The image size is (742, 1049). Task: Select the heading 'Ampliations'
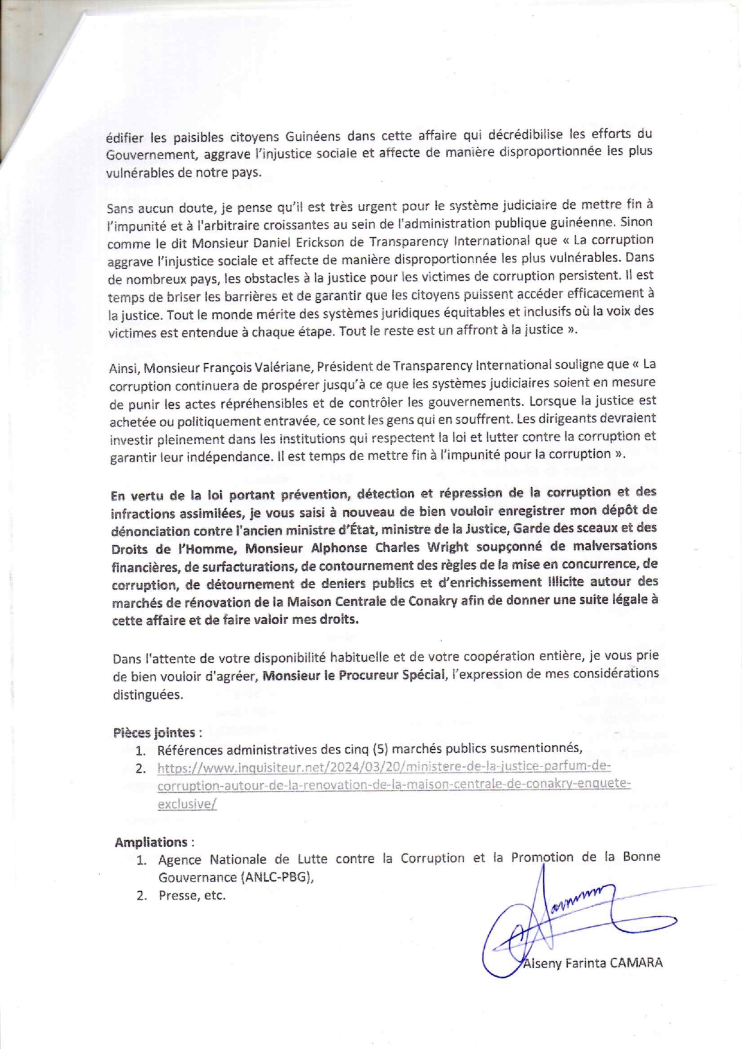point(151,842)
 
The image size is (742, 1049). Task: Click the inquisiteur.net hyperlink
point(393,785)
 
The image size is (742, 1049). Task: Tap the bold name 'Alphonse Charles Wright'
point(387,547)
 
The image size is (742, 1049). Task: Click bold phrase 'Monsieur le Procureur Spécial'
point(354,676)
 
